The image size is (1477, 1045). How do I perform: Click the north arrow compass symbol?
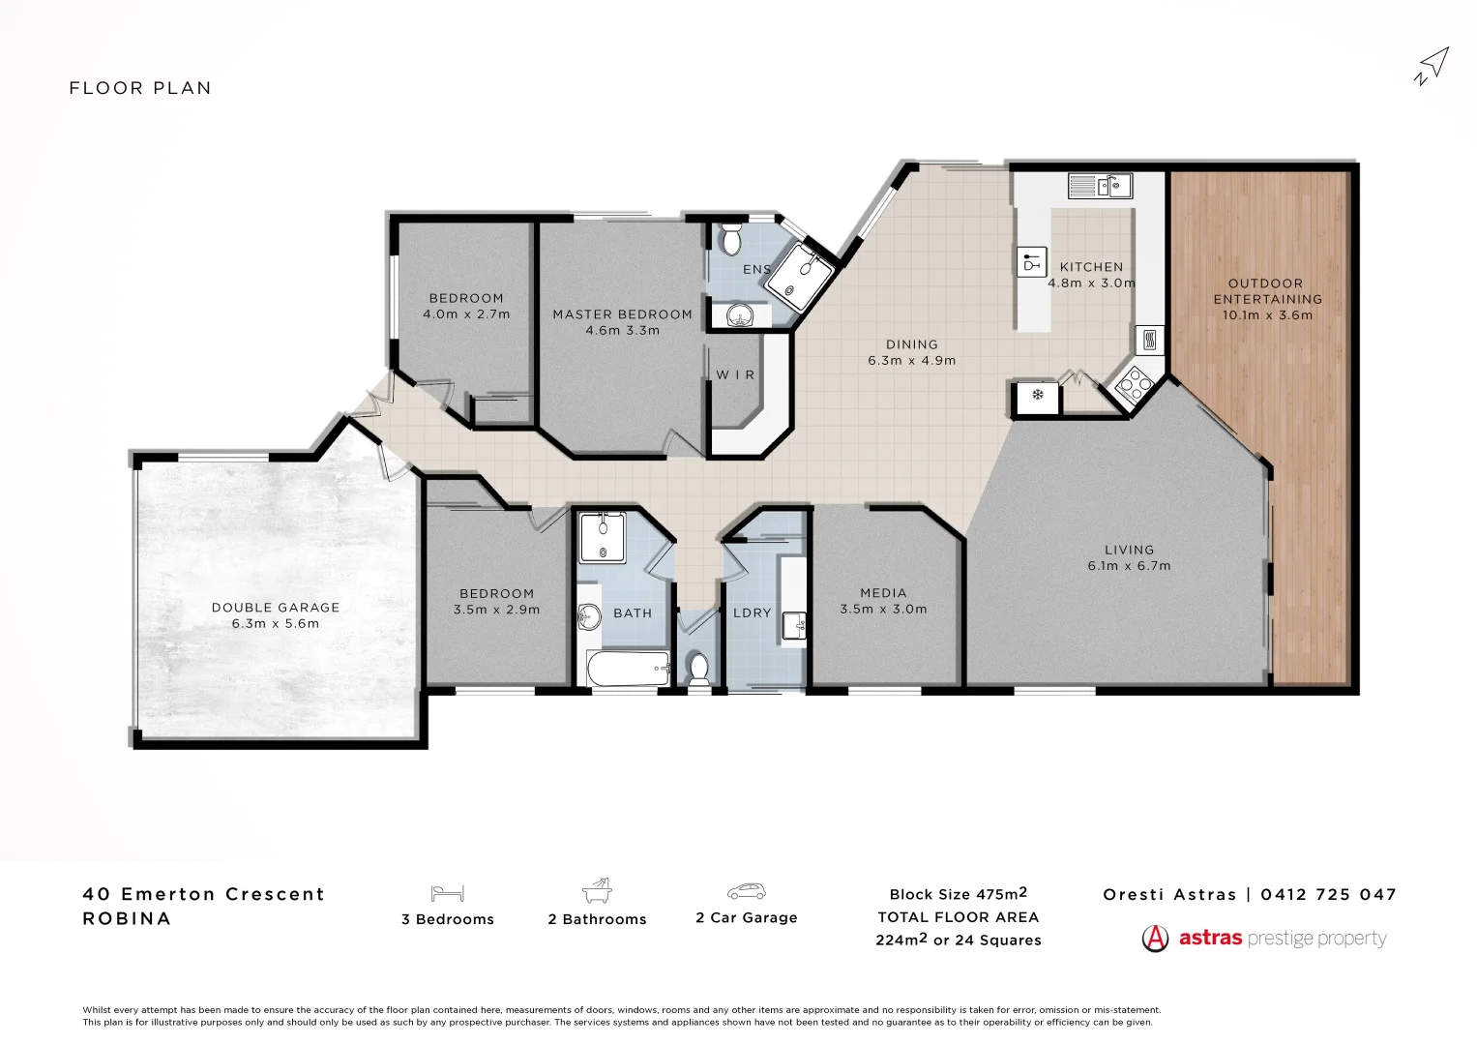coord(1433,66)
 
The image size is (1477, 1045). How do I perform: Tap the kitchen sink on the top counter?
coord(1100,185)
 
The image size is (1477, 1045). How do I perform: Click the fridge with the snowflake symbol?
coord(1037,395)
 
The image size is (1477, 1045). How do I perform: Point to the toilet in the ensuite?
coord(732,237)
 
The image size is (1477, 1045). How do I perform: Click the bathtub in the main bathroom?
coord(628,668)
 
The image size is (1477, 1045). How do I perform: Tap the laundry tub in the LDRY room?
coord(794,625)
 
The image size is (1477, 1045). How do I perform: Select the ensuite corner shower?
coord(800,273)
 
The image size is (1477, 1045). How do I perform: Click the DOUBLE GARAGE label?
coord(276,608)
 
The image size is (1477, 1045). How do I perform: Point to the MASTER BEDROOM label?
coord(622,314)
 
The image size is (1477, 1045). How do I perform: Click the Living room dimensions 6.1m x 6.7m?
coord(1129,566)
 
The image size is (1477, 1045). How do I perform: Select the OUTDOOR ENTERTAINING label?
coord(1267,291)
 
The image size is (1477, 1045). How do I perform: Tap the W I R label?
coord(735,375)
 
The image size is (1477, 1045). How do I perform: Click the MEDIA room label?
coord(883,593)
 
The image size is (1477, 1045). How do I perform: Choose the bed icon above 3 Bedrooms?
coord(448,892)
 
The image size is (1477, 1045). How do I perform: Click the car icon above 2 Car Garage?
coord(746,891)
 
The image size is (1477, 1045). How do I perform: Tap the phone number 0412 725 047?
coord(1329,895)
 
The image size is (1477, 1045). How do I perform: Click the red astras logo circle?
coord(1155,939)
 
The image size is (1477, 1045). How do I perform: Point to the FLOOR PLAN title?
coord(140,88)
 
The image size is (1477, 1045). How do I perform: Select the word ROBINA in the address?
coord(127,919)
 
